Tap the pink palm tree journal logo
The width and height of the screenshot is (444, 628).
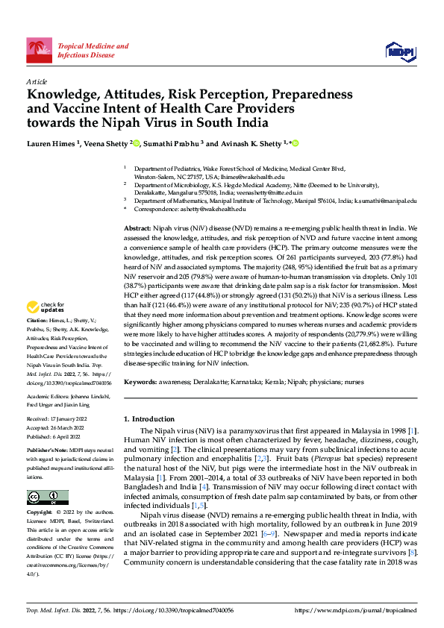40,50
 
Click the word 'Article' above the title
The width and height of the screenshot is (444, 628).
37,81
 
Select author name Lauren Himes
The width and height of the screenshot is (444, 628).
51,143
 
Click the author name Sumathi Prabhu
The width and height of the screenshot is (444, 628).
172,143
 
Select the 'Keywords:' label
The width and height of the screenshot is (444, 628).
141,381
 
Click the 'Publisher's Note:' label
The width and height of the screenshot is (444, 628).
47,450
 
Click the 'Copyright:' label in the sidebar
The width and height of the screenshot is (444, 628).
40,513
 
